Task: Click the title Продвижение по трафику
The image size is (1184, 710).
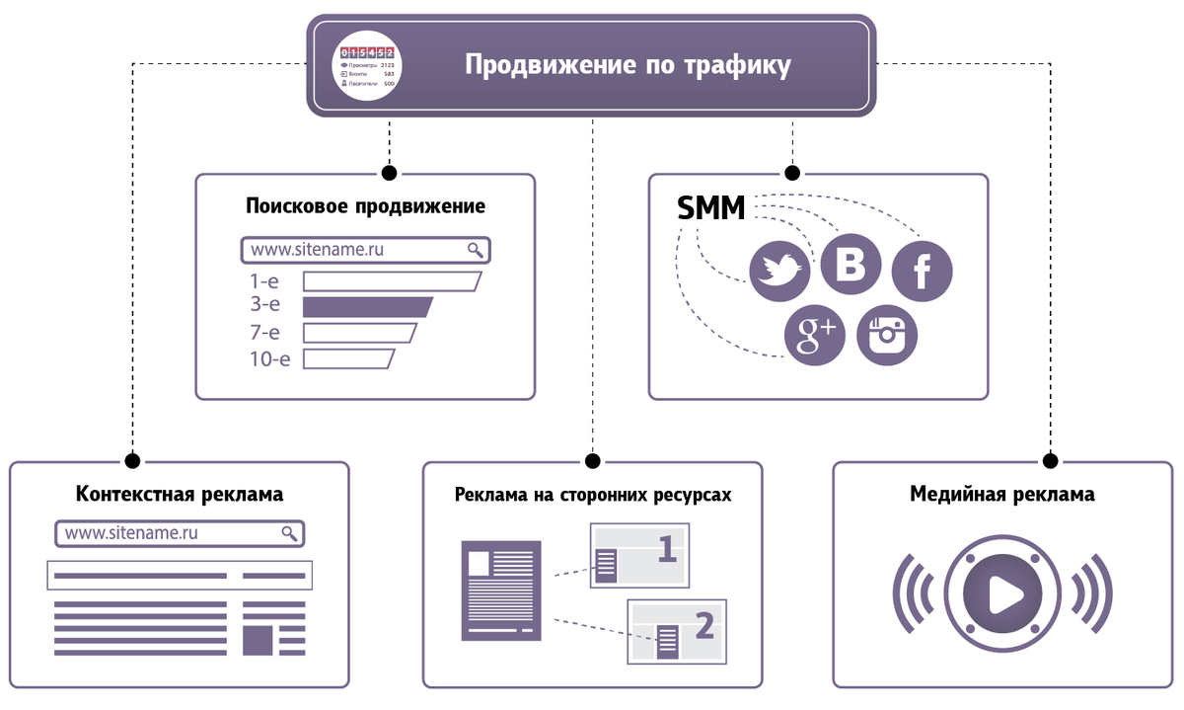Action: (x=628, y=66)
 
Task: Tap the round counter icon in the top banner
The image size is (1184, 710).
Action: (x=367, y=67)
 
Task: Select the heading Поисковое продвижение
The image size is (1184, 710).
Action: (x=365, y=207)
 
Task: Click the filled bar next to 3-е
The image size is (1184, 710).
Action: (x=366, y=306)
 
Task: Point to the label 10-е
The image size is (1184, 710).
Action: (x=269, y=358)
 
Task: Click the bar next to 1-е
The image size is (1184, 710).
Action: (x=391, y=281)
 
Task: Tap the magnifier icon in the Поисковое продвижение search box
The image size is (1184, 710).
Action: (x=476, y=250)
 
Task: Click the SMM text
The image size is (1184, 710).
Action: (x=710, y=208)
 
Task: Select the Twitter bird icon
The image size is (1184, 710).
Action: (x=779, y=273)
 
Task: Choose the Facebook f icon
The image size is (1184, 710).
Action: (x=922, y=271)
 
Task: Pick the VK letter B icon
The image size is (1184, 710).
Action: (x=851, y=265)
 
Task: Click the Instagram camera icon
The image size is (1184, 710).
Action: (x=886, y=336)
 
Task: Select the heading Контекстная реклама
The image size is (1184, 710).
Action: (x=179, y=493)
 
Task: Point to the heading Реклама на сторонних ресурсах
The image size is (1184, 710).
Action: (x=593, y=494)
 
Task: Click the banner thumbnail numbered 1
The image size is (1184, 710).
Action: (x=638, y=556)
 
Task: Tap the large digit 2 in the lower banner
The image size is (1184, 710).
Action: (x=703, y=624)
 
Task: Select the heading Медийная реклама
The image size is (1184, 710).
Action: (x=1001, y=493)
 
